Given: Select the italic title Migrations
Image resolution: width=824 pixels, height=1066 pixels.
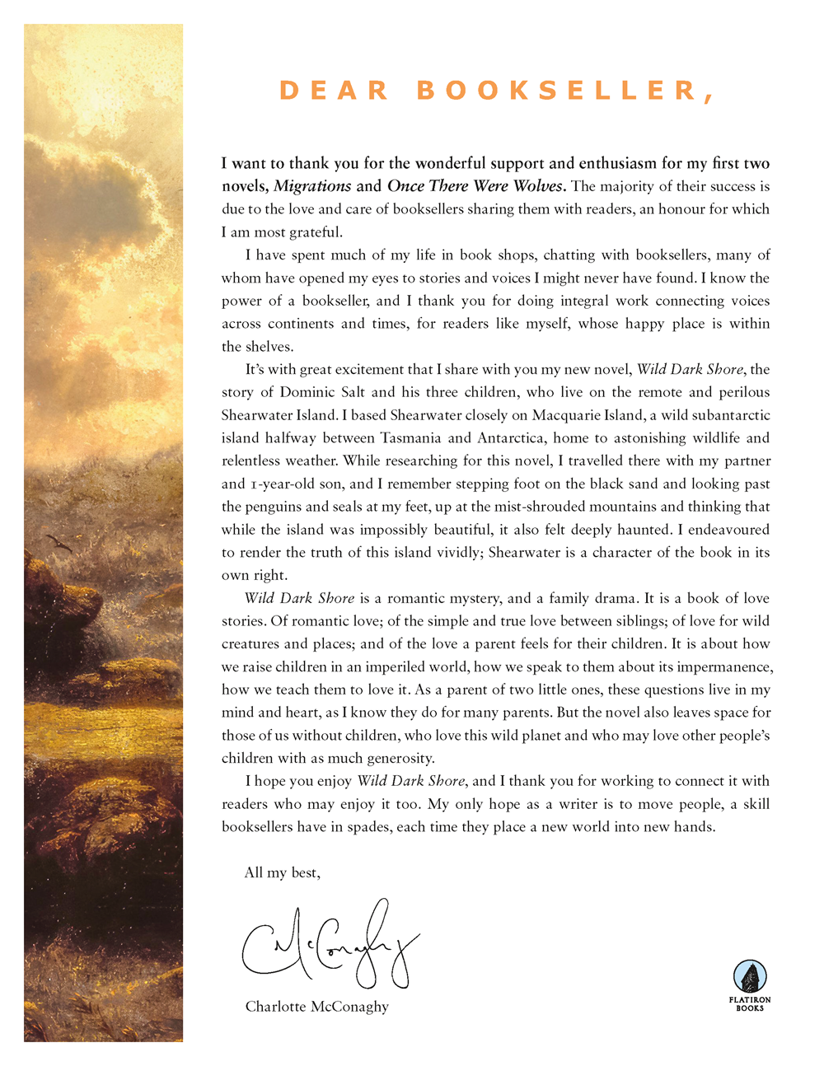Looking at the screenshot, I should point(312,186).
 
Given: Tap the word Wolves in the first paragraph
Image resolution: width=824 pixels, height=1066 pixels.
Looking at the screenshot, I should point(537,186).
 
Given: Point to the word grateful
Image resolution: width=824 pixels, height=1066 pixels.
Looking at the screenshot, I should point(315,232).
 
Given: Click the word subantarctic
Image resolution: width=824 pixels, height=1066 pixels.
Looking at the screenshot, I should point(719,415).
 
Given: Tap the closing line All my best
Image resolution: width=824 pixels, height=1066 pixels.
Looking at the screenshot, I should point(282,873).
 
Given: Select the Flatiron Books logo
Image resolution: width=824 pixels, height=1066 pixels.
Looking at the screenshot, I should point(750,984).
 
